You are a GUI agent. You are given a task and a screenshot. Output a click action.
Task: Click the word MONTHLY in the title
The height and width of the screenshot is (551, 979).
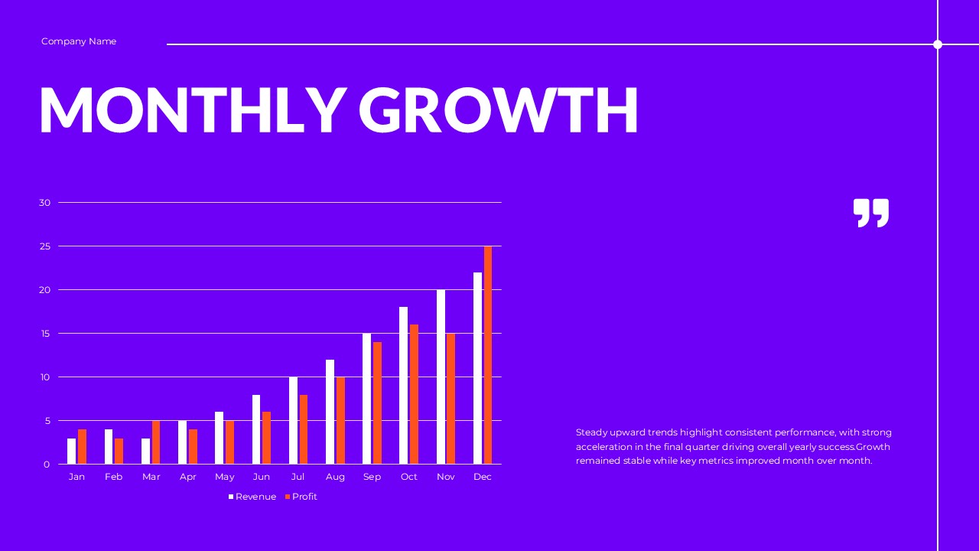pos(192,110)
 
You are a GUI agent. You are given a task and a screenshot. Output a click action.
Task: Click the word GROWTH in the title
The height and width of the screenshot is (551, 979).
pos(498,110)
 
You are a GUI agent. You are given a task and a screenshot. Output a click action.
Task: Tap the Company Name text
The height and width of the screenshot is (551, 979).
pos(79,41)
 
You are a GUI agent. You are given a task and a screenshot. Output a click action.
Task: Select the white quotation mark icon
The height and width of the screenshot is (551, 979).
pos(871,213)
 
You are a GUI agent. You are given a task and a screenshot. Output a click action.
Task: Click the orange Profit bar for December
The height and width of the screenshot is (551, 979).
pos(488,355)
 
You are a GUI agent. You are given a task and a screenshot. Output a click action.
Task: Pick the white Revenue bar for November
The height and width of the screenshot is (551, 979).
pos(441,377)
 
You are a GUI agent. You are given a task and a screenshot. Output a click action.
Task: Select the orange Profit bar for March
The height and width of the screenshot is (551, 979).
pos(156,442)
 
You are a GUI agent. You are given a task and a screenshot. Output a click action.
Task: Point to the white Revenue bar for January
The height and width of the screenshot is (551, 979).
pos(72,451)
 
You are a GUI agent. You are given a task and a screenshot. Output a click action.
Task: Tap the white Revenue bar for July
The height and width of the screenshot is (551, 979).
pos(293,420)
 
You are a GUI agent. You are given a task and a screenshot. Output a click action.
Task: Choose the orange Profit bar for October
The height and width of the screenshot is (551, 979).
pos(414,394)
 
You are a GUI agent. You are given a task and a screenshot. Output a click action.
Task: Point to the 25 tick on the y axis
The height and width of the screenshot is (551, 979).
pos(44,246)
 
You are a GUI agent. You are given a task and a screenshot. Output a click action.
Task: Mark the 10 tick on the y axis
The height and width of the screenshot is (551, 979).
pos(44,377)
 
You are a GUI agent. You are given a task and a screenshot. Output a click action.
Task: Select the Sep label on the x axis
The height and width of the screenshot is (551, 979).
pos(372,477)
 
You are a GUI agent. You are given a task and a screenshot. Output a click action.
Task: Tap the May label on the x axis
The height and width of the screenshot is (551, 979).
pos(225,477)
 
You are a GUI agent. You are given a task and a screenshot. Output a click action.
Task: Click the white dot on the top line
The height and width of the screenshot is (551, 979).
pos(938,44)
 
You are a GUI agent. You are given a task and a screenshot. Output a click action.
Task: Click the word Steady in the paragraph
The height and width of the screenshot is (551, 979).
pos(591,432)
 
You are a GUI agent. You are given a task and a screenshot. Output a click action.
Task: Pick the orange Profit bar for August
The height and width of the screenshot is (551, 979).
pos(340,420)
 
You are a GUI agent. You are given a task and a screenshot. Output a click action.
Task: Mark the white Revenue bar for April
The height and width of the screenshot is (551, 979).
pos(182,442)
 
